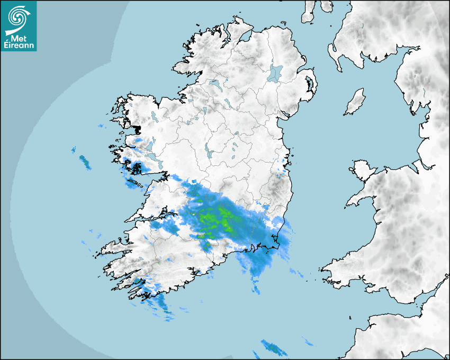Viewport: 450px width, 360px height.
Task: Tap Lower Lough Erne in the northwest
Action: [x=215, y=83]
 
